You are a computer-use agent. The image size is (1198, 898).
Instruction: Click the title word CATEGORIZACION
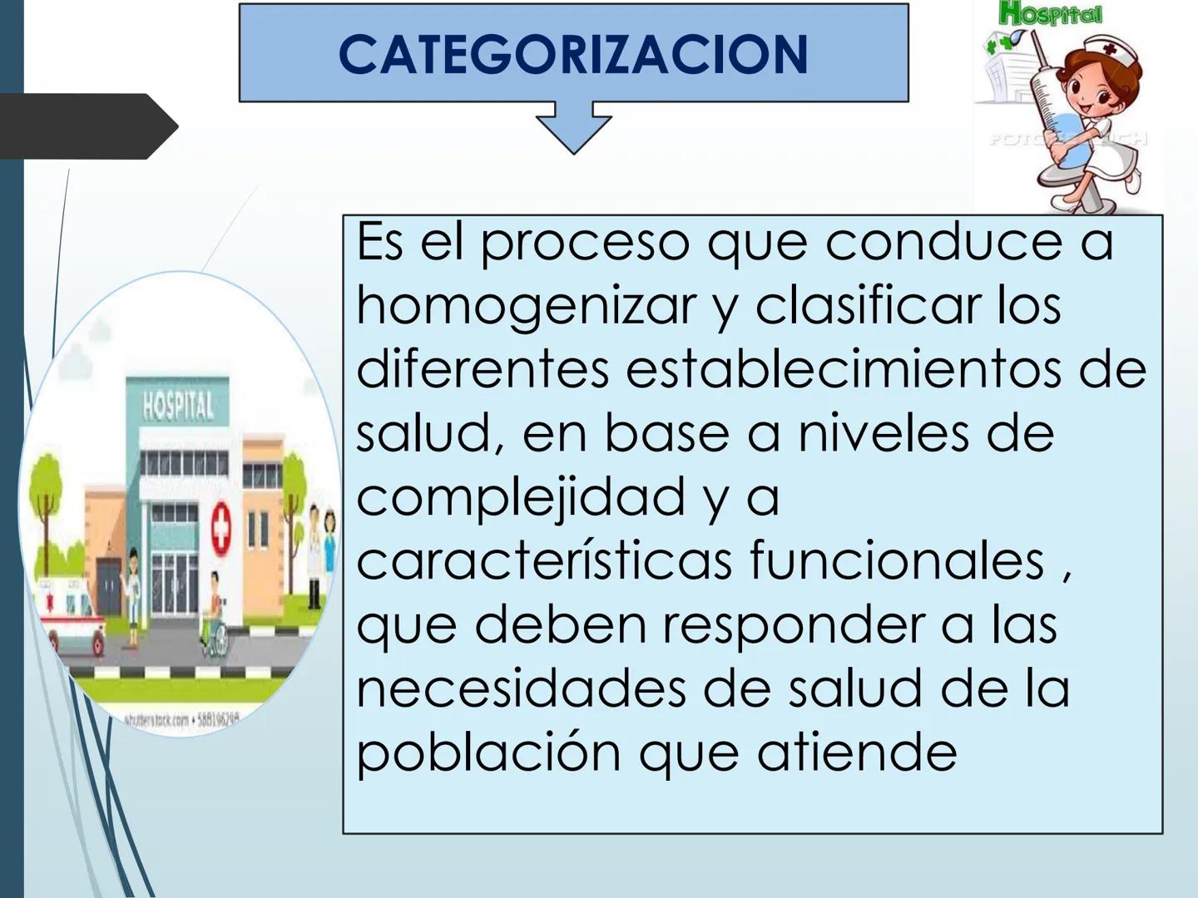[x=573, y=55]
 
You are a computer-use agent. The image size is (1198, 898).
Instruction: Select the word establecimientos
[x=844, y=369]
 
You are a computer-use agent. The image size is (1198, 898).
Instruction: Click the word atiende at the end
[x=856, y=752]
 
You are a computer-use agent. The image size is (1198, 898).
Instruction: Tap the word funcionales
[x=897, y=560]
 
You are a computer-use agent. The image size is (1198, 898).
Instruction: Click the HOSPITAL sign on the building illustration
[x=177, y=407]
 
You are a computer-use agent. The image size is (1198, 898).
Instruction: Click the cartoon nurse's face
[x=1086, y=87]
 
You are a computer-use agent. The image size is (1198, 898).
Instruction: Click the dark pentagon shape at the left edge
[x=87, y=126]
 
